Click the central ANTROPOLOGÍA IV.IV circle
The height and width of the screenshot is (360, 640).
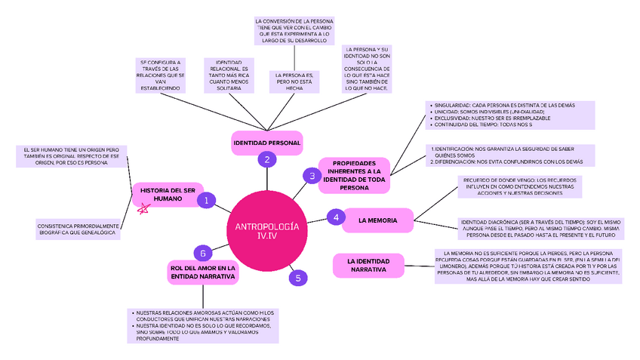tap(268, 232)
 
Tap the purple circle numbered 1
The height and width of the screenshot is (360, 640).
tap(205, 200)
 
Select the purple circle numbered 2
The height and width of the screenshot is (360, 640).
tap(266, 159)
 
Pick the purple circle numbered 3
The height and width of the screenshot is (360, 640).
tap(312, 176)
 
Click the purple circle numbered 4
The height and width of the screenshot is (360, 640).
tap(337, 218)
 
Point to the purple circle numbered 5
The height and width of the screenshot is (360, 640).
tap(298, 278)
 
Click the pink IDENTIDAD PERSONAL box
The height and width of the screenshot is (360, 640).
tap(266, 143)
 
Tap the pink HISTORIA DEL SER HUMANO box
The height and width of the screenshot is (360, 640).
tap(168, 194)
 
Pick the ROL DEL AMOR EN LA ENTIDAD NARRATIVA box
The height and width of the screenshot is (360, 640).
tap(203, 272)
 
